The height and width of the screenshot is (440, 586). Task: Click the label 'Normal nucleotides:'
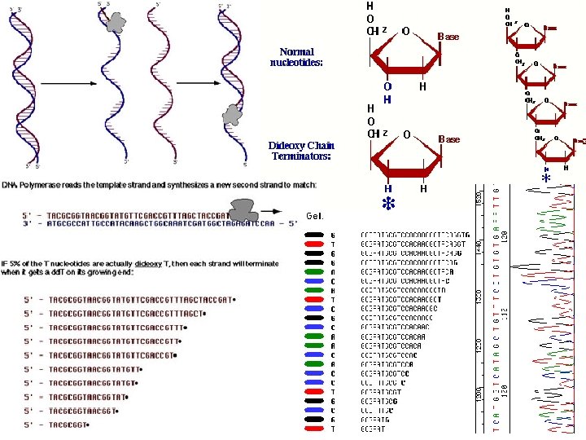click(296, 57)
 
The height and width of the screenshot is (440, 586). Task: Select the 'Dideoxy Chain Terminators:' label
click(301, 151)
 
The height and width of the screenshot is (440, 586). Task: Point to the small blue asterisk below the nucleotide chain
click(545, 178)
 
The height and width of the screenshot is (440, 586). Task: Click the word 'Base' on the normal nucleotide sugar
click(448, 37)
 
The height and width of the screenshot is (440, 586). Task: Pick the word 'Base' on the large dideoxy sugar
click(449, 139)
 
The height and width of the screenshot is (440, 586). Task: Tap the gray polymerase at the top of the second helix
click(116, 22)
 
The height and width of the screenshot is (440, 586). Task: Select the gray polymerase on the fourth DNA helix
click(233, 114)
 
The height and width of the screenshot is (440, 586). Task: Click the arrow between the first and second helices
click(64, 83)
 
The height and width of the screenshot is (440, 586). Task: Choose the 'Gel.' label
click(317, 216)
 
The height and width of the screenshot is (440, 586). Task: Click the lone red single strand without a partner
click(160, 81)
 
